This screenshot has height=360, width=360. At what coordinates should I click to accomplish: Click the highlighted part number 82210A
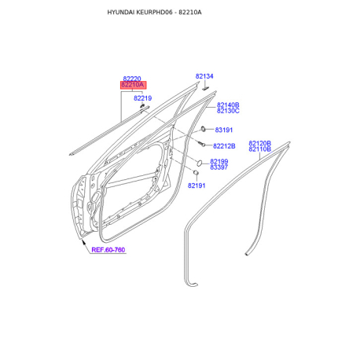pos(132,85)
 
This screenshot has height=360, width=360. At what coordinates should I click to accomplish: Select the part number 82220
pos(132,79)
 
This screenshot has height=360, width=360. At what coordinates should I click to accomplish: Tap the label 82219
pos(142,98)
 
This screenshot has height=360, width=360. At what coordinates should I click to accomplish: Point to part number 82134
pos(204,76)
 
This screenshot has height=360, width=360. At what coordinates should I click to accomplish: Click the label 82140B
pos(228,105)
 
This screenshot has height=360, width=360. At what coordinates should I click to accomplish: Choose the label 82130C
pos(228,111)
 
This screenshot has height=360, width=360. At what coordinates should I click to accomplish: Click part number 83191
pos(224,130)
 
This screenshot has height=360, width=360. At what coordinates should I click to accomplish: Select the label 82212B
pos(224,146)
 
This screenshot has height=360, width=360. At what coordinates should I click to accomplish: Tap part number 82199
pos(219,161)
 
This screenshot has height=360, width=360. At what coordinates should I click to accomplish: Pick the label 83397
pos(219,167)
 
